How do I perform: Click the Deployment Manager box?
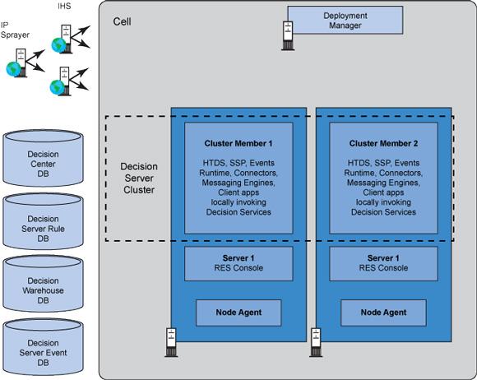point(345,20)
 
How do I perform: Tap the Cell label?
point(122,21)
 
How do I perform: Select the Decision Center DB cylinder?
point(44,158)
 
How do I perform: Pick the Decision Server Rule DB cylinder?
point(44,221)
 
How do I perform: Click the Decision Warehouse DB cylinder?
point(44,284)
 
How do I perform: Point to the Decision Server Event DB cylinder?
point(44,347)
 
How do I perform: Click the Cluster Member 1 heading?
point(238,143)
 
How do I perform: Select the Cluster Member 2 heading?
point(383,143)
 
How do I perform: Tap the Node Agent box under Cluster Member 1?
point(238,313)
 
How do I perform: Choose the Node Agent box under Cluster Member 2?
point(383,313)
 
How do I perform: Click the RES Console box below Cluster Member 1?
point(238,263)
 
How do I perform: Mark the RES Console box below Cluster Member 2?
point(383,263)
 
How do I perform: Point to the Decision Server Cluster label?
point(139,178)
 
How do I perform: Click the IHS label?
point(64,6)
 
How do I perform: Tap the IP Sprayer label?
point(15,30)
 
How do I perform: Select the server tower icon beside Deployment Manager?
point(288,35)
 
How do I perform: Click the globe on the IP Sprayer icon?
point(14,69)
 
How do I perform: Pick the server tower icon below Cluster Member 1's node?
point(171,342)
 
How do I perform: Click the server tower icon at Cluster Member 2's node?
point(316,342)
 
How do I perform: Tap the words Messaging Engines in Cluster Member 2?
point(383,183)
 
